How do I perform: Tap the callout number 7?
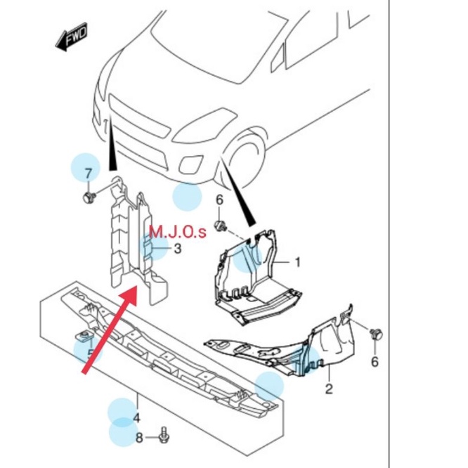(88, 174)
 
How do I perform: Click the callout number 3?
(177, 248)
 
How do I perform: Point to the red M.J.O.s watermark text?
(178, 231)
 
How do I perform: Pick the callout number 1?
(297, 262)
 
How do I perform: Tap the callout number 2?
(327, 389)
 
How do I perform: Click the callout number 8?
(139, 438)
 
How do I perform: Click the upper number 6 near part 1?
(219, 200)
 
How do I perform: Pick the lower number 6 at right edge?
(375, 361)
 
